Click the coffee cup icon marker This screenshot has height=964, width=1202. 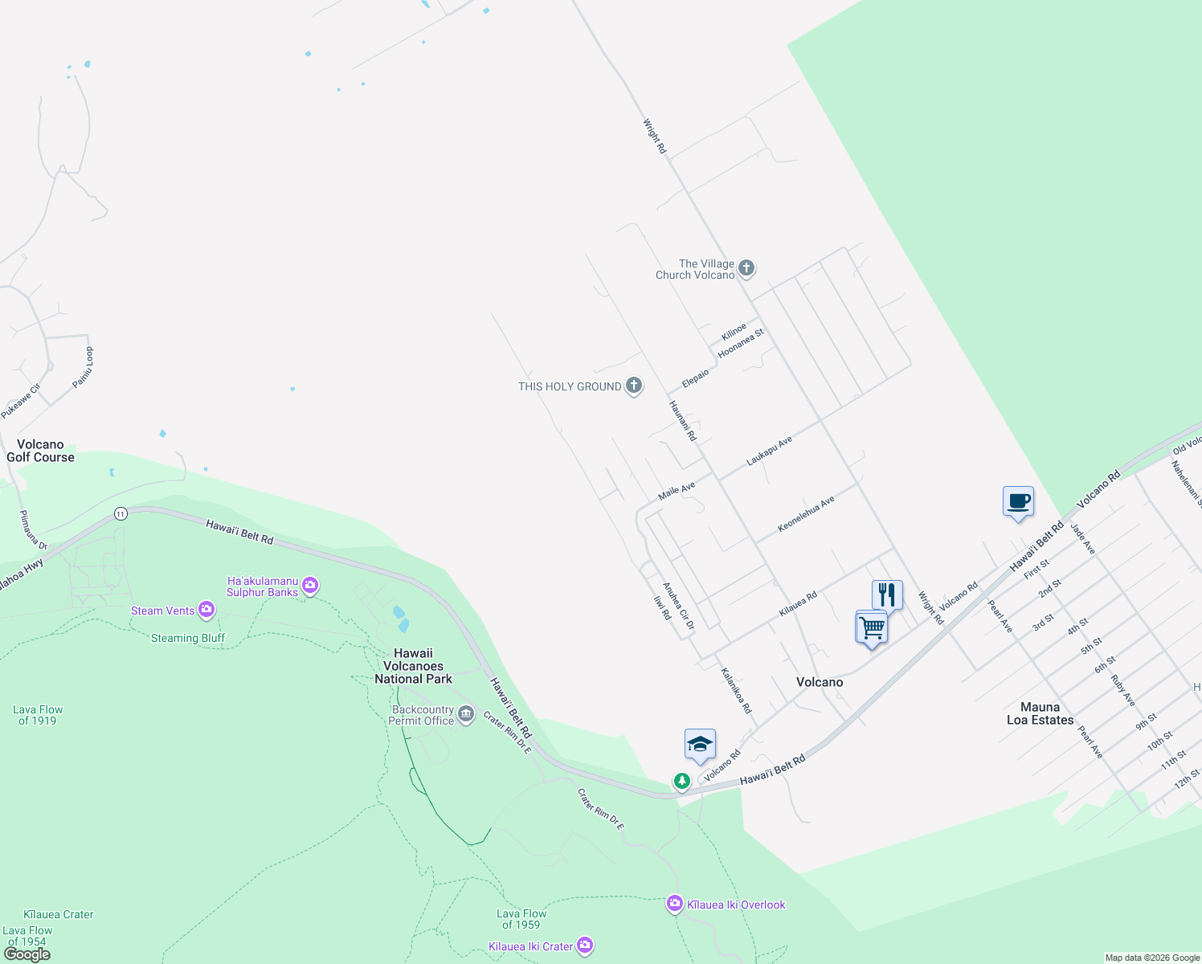1018,502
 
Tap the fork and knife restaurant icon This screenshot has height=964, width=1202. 887,595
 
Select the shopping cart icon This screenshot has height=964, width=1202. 872,627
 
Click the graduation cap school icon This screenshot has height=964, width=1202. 700,745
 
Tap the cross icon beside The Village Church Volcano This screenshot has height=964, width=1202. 746,268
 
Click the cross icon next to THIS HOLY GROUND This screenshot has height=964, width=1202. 634,386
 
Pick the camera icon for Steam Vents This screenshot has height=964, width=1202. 206,611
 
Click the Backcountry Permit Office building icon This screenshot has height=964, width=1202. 466,714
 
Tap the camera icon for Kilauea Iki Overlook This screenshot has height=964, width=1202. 675,905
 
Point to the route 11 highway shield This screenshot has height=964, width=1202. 121,513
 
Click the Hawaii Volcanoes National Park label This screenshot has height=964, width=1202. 413,666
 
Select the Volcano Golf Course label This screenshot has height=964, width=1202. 40,451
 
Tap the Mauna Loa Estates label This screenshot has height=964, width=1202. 1040,713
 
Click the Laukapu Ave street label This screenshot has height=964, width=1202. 769,451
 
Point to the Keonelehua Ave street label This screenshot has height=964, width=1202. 806,514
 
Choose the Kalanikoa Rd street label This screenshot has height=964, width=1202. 736,691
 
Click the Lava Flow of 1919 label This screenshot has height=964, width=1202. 38,715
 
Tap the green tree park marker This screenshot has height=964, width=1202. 682,781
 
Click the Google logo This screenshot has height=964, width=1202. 27,954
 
